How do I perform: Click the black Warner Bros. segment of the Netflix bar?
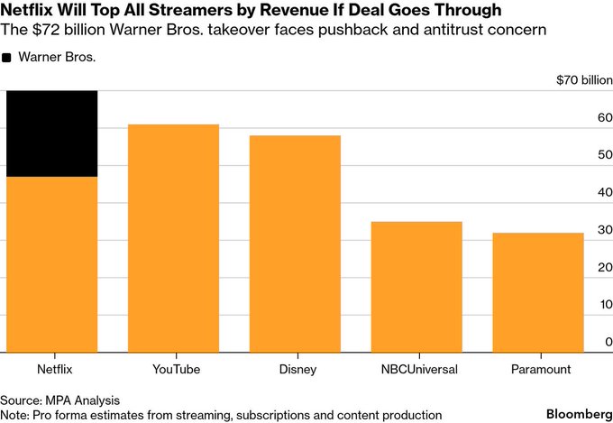point(51,133)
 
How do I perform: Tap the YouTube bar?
point(173,238)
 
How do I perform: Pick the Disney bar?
point(295,244)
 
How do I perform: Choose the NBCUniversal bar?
point(416,287)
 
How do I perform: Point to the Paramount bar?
point(537,292)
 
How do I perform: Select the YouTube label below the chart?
point(175,369)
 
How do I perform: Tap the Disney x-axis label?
point(296,369)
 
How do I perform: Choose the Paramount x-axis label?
point(538,369)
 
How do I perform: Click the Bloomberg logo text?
point(574,411)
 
